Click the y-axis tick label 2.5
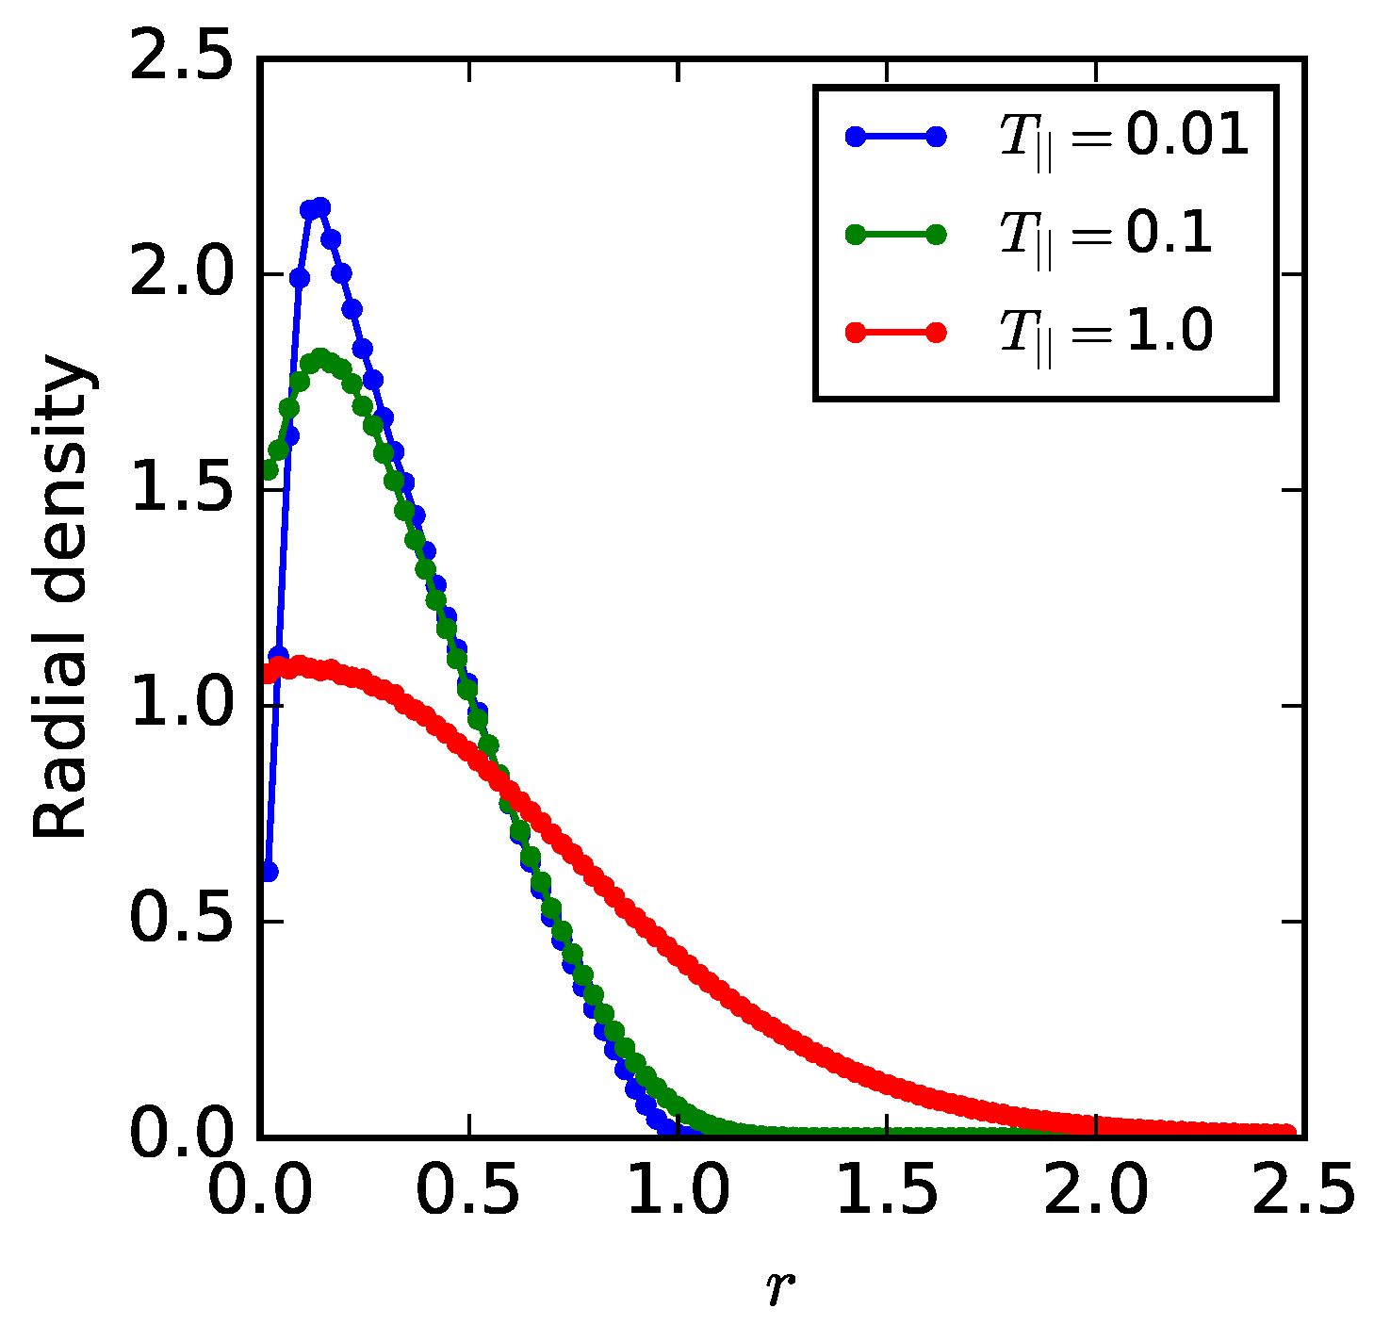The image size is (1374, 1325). [x=179, y=59]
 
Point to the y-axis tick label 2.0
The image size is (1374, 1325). [x=179, y=274]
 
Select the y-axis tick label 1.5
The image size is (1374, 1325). [x=179, y=490]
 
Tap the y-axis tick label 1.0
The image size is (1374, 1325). [x=179, y=706]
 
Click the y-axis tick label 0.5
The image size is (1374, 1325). [x=179, y=921]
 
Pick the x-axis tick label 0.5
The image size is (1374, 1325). [x=468, y=1192]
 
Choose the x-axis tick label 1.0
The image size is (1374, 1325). [x=678, y=1192]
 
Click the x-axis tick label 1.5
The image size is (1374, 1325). [x=887, y=1192]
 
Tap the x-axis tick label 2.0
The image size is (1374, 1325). [x=1096, y=1192]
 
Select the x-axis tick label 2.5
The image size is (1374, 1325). [x=1303, y=1192]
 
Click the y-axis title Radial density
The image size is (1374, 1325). [x=61, y=598]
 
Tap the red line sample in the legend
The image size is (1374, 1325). [x=895, y=333]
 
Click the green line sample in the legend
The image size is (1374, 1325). [x=895, y=235]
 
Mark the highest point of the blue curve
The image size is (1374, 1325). [x=320, y=206]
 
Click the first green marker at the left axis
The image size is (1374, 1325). [x=269, y=469]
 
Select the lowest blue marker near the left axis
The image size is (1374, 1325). [x=269, y=873]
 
